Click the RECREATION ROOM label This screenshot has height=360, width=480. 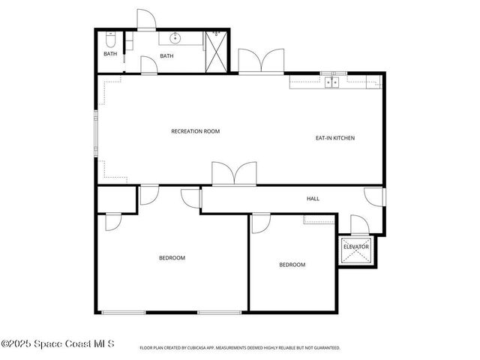pyautogui.click(x=195, y=131)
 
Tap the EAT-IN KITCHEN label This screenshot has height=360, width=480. pyautogui.click(x=334, y=138)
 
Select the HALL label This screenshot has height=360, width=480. pyautogui.click(x=313, y=199)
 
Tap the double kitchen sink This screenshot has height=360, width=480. pyautogui.click(x=331, y=81)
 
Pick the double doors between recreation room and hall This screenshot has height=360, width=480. pyautogui.click(x=234, y=174)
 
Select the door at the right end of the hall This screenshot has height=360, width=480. pyautogui.click(x=375, y=196)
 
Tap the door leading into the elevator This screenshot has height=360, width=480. pyautogui.click(x=358, y=225)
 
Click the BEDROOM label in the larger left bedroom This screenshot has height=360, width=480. pyautogui.click(x=172, y=258)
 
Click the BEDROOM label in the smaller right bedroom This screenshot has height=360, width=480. pyautogui.click(x=292, y=265)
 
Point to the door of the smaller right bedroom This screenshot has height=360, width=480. pyautogui.click(x=260, y=223)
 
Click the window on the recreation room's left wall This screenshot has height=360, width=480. pyautogui.click(x=95, y=135)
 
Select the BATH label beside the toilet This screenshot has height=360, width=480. pyautogui.click(x=110, y=53)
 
